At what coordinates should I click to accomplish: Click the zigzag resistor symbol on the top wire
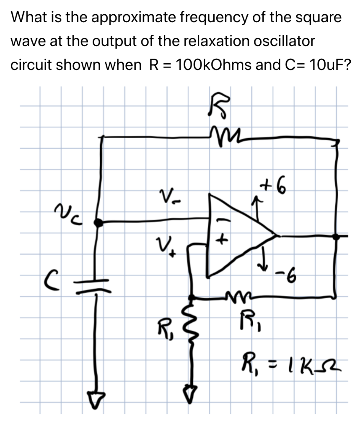point(222,136)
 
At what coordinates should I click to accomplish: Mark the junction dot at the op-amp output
point(335,236)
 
